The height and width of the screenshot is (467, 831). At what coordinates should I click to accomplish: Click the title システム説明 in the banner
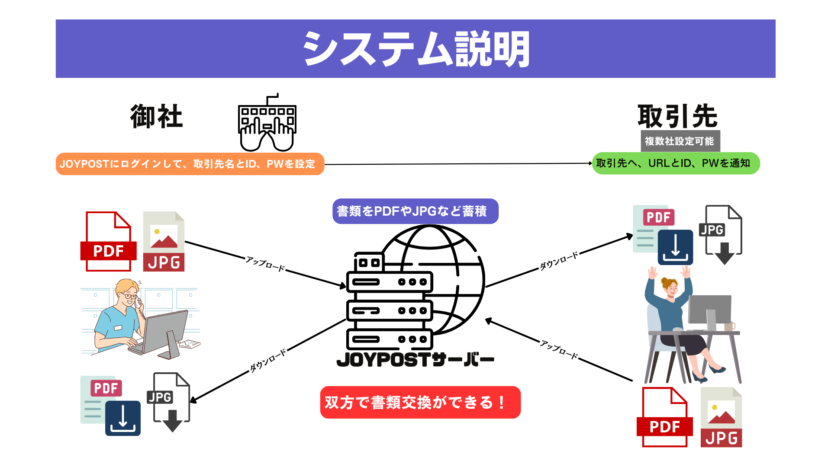[415, 49]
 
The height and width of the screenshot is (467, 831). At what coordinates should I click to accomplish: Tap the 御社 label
[157, 117]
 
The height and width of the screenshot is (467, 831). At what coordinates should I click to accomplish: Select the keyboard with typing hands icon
[267, 124]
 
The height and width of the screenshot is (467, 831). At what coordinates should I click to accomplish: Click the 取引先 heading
[677, 116]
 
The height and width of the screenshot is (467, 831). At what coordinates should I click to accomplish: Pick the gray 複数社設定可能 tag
[680, 141]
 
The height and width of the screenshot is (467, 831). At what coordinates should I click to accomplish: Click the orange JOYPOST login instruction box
[190, 164]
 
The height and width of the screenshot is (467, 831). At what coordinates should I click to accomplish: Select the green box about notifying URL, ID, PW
[676, 163]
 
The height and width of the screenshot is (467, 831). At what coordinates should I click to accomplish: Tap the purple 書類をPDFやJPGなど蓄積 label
[415, 211]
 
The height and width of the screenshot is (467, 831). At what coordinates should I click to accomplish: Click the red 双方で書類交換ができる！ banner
[420, 403]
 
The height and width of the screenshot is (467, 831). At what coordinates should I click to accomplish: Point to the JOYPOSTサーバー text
[415, 360]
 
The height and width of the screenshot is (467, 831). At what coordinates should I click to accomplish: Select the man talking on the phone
[130, 318]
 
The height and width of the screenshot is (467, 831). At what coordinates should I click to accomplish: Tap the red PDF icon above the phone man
[108, 242]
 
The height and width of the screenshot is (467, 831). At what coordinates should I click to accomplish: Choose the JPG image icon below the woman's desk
[721, 418]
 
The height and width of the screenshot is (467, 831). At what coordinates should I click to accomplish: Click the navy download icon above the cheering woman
[675, 247]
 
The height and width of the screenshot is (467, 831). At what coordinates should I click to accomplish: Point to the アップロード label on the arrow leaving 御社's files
[265, 263]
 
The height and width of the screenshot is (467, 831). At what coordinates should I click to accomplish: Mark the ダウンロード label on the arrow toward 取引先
[559, 261]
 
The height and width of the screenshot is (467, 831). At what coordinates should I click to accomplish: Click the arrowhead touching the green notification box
[589, 163]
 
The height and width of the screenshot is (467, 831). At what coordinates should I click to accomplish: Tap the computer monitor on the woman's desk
[710, 309]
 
